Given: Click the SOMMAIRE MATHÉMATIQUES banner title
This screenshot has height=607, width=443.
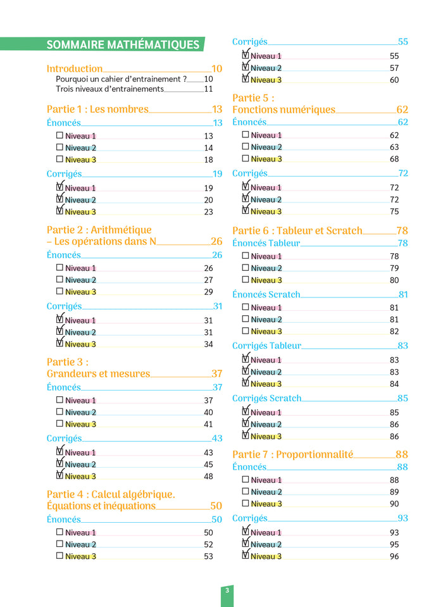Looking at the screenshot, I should click(123, 45).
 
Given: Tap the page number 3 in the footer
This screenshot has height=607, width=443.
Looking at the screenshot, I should click(227, 591).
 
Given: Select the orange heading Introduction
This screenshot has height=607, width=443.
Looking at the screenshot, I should click(75, 68).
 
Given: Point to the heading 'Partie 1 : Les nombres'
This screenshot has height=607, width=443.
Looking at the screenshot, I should click(97, 109).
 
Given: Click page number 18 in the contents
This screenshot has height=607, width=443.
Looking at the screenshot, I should click(208, 160).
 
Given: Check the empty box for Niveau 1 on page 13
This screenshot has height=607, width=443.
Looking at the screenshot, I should click(59, 135).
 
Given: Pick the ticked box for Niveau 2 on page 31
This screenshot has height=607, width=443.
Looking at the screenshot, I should click(59, 331).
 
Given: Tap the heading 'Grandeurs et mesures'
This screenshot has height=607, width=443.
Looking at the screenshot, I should click(98, 373).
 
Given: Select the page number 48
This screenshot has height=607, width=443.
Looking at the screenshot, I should click(208, 477).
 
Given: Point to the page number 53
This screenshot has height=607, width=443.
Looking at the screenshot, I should click(208, 556).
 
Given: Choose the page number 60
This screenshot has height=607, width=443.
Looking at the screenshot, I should click(394, 80).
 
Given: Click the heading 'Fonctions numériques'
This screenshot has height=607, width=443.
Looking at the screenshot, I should click(284, 110).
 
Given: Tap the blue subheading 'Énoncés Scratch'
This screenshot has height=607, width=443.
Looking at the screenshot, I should click(266, 294).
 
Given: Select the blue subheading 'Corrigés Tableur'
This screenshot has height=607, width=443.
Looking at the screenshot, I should click(266, 346).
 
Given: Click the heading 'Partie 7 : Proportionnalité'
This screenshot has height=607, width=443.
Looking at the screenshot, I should click(292, 454).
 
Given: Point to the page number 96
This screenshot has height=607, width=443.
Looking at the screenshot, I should click(394, 556).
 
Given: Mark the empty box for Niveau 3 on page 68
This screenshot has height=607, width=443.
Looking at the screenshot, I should click(246, 159).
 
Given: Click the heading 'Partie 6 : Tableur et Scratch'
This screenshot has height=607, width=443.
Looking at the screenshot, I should click(297, 230).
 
